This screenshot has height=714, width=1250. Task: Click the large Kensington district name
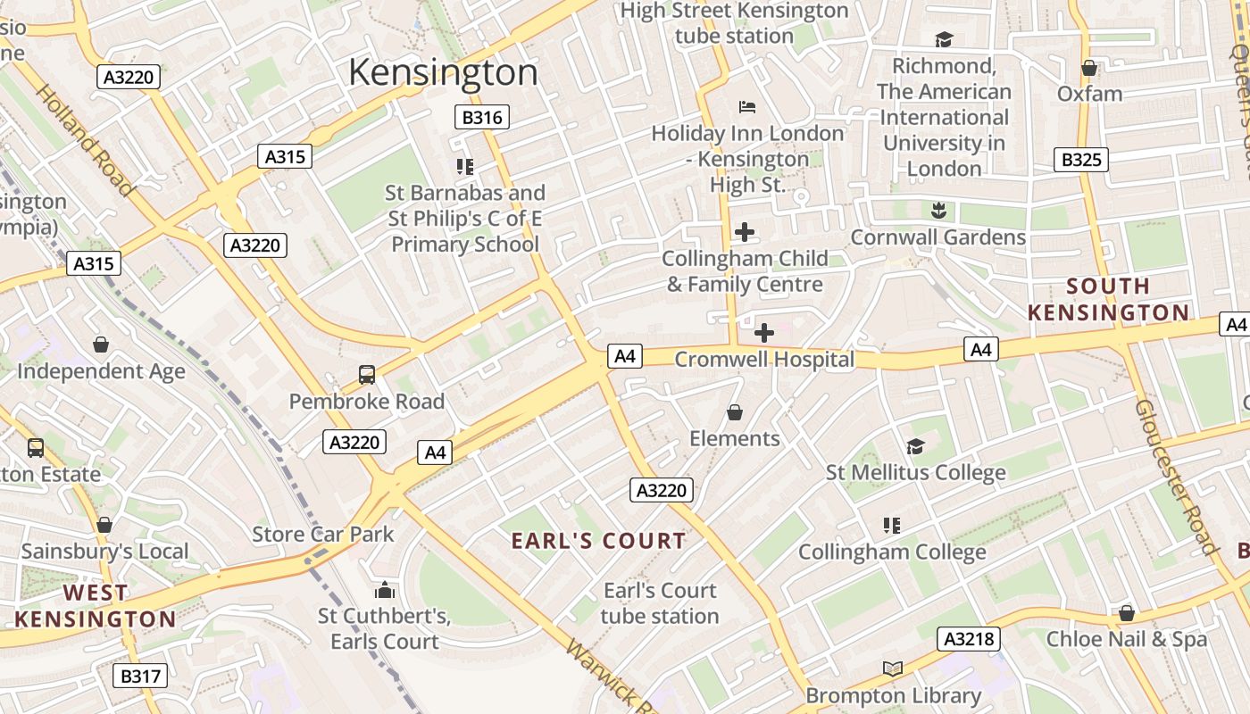pyautogui.click(x=443, y=72)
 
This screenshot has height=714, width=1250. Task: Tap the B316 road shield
pyautogui.click(x=482, y=117)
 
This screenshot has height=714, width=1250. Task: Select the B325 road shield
pyautogui.click(x=1080, y=160)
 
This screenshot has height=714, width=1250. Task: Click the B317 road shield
pyautogui.click(x=140, y=676)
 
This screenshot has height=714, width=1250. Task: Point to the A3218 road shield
pyautogui.click(x=968, y=639)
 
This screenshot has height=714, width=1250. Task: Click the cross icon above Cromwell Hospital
pyautogui.click(x=764, y=333)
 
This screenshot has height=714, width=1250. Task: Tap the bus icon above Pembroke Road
pyautogui.click(x=367, y=375)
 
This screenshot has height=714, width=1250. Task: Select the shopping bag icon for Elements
pyautogui.click(x=735, y=412)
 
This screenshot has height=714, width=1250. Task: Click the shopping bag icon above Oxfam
pyautogui.click(x=1089, y=68)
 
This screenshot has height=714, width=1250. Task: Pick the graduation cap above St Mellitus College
pyautogui.click(x=915, y=446)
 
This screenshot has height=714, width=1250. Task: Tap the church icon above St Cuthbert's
pyautogui.click(x=385, y=590)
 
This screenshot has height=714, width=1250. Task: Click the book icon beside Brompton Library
pyautogui.click(x=893, y=668)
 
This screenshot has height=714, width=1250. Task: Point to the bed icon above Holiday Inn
pyautogui.click(x=747, y=107)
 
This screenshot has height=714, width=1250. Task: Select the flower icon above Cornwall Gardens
pyautogui.click(x=937, y=211)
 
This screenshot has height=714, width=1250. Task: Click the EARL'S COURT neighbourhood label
pyautogui.click(x=598, y=541)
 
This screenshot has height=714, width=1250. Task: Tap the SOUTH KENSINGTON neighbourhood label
pyautogui.click(x=1108, y=299)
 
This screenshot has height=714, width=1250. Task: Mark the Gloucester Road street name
pyautogui.click(x=1177, y=477)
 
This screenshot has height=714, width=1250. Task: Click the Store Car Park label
pyautogui.click(x=323, y=535)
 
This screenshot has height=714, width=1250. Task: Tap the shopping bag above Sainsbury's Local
pyautogui.click(x=104, y=525)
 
